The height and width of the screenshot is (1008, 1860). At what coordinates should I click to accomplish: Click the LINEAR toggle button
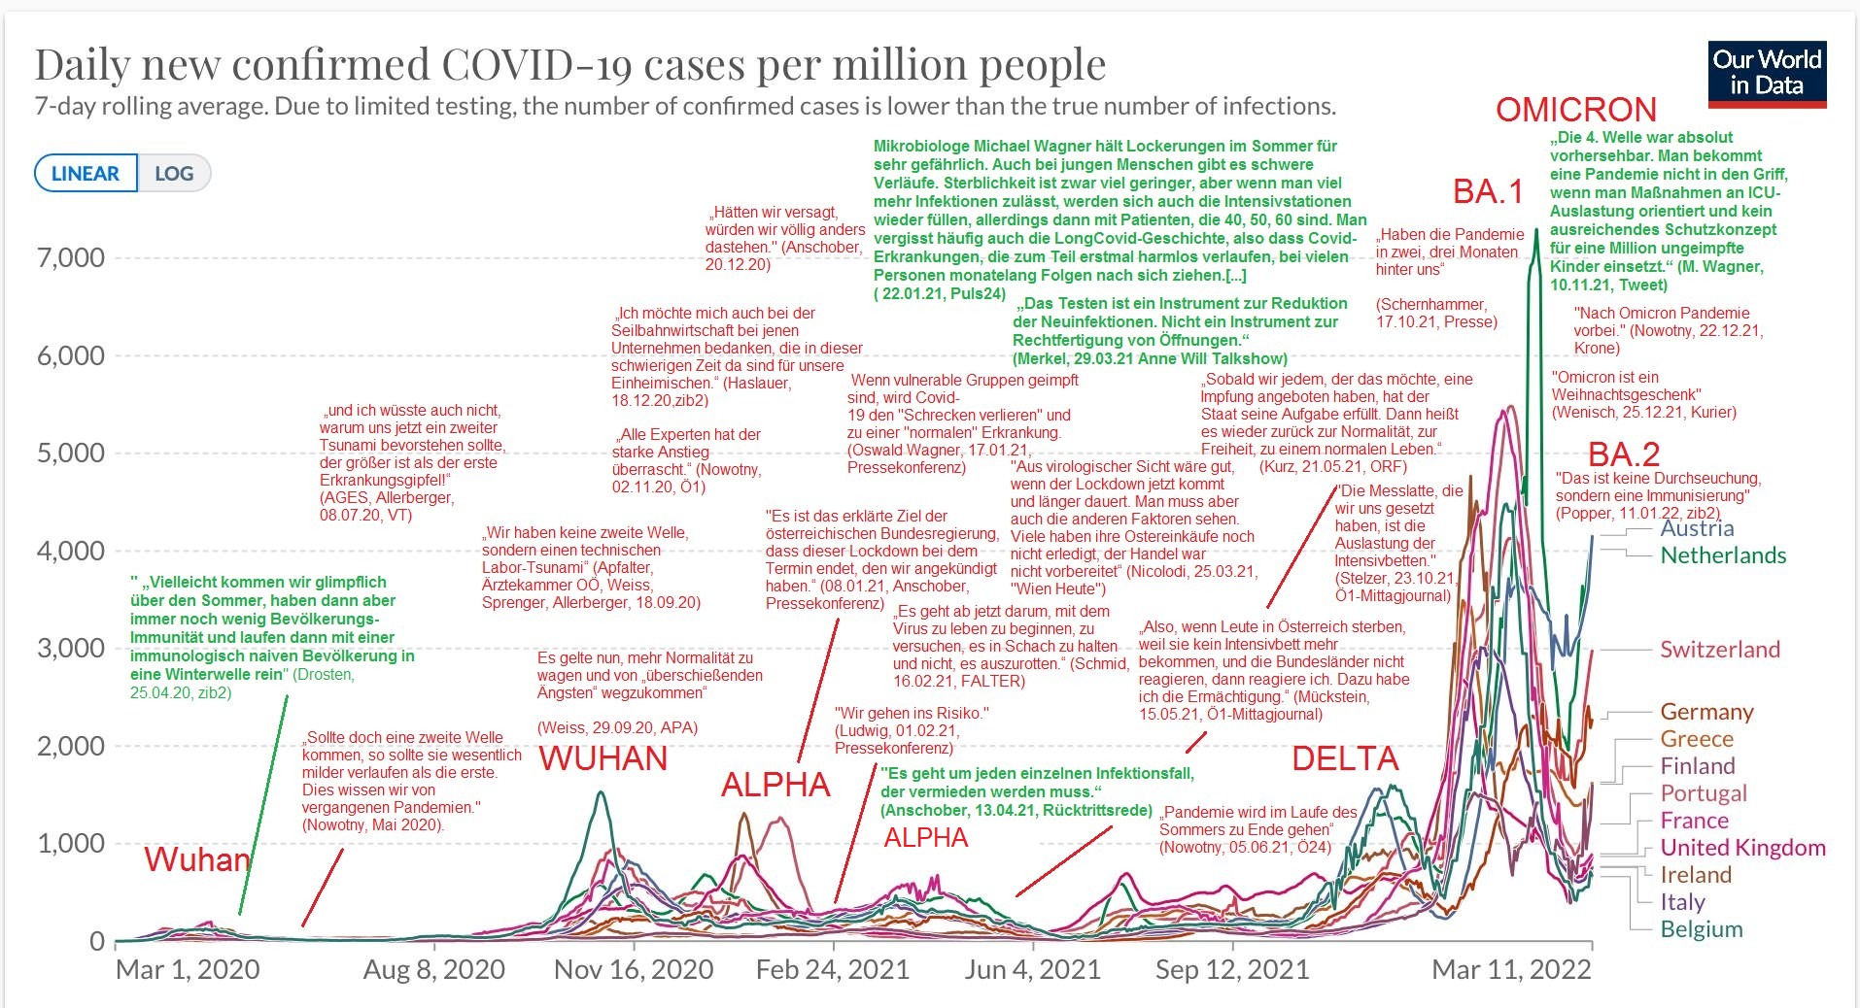[86, 174]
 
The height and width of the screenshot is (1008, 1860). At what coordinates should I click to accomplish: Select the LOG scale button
[174, 174]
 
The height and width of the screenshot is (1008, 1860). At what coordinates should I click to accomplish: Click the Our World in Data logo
[1767, 73]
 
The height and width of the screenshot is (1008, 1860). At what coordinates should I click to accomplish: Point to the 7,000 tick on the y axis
[70, 258]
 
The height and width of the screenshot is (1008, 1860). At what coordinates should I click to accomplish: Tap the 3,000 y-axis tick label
[70, 649]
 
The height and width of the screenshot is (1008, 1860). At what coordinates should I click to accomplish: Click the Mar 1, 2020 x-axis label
[188, 969]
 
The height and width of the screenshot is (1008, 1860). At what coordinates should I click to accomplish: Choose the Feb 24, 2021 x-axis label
[833, 969]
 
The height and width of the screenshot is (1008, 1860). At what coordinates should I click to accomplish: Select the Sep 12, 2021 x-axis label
[1232, 969]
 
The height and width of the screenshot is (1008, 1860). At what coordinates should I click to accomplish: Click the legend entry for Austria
[1697, 528]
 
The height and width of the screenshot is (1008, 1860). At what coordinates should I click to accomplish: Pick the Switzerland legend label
[1720, 650]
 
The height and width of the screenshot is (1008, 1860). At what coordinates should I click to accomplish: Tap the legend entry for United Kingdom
[1742, 848]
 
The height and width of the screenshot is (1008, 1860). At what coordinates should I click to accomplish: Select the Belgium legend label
[1702, 929]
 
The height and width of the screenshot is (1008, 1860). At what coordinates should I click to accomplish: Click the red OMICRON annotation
[1575, 110]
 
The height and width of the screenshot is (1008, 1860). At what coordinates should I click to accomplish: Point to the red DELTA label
[1345, 758]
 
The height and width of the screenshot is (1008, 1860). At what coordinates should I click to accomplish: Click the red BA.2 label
[1624, 454]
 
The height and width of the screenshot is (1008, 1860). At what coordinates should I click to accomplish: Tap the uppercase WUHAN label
[603, 758]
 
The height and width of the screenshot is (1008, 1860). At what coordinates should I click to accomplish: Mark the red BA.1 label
[1488, 191]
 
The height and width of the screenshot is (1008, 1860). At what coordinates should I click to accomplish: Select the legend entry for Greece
[1697, 739]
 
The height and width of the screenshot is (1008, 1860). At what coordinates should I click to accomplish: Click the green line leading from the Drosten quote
[263, 806]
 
